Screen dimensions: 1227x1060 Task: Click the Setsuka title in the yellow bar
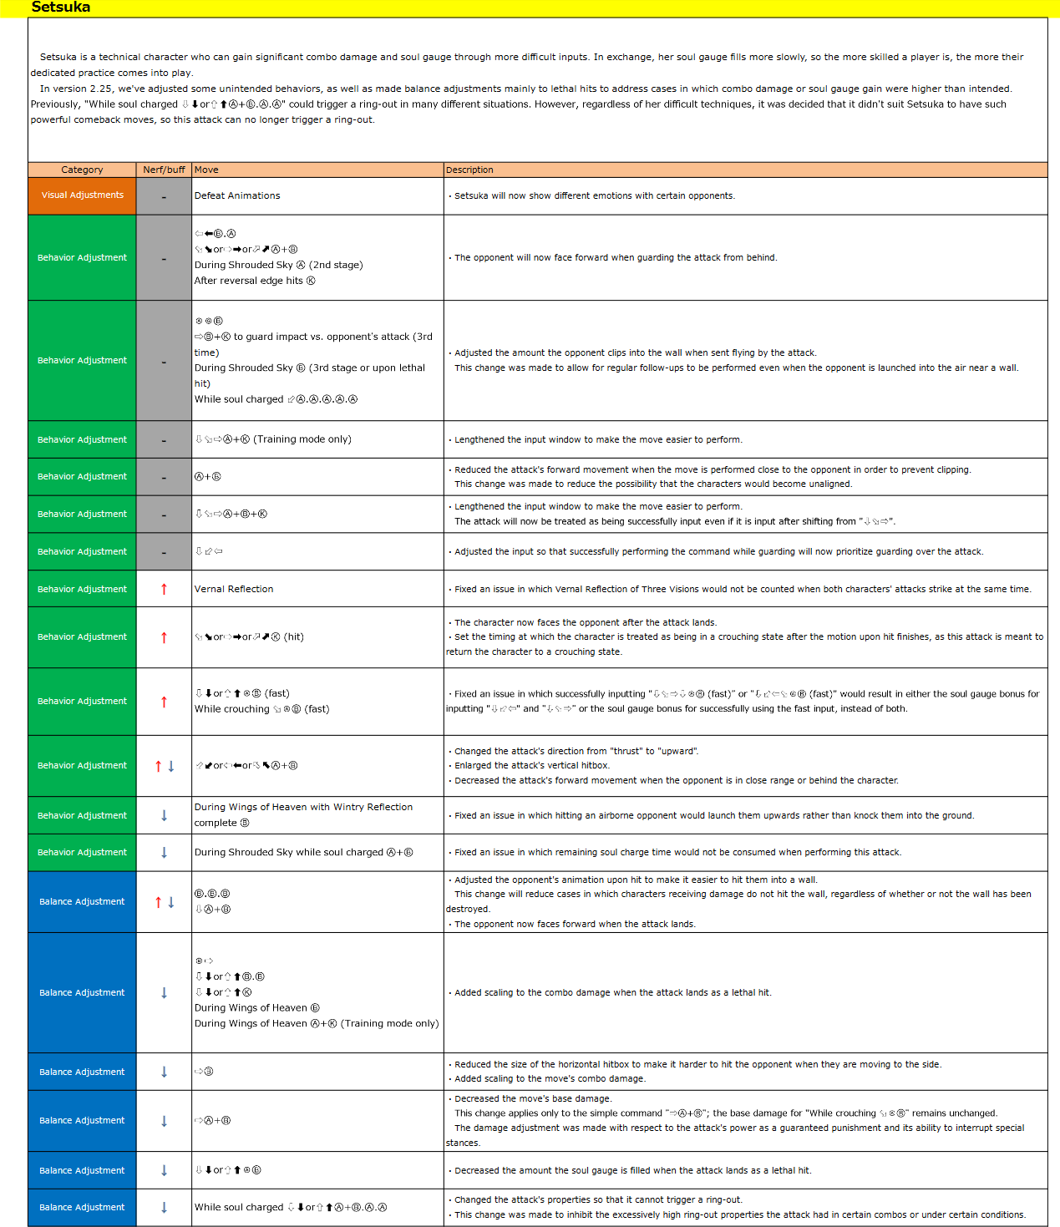point(60,8)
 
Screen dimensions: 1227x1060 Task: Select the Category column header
point(82,170)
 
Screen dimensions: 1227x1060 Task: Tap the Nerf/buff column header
point(164,170)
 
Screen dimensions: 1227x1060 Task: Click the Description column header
point(469,170)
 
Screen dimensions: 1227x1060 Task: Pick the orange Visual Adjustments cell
point(82,195)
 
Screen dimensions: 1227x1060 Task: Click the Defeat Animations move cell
point(237,195)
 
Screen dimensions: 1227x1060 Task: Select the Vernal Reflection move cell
point(234,589)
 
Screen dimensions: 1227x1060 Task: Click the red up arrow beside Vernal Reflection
point(164,589)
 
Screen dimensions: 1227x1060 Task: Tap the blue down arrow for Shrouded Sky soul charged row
point(164,853)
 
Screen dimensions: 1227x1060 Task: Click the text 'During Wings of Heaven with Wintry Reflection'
point(303,807)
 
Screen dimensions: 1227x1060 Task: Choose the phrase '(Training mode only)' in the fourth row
point(302,439)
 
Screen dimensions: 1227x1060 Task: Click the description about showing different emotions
point(594,195)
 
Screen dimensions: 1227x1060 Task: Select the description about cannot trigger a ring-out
point(598,1199)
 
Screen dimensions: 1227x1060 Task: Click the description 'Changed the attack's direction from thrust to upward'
point(576,751)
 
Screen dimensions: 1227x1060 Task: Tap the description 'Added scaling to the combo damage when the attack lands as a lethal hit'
point(612,992)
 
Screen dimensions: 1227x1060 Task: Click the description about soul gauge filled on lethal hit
point(632,1170)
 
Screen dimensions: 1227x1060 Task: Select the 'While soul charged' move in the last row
point(239,1207)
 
